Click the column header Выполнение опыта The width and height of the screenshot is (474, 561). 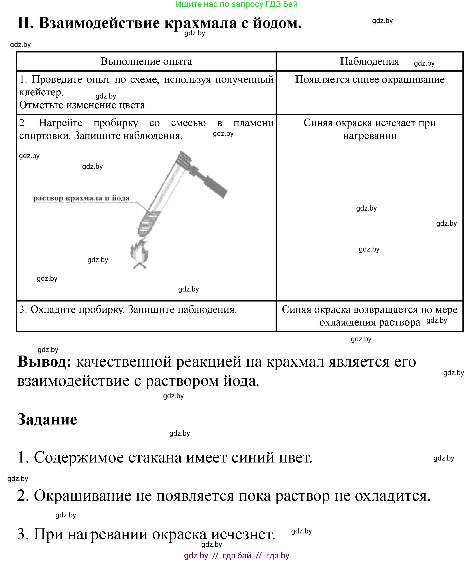point(146,62)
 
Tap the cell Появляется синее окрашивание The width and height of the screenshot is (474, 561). point(370,79)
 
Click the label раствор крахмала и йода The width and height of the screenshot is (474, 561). point(81,198)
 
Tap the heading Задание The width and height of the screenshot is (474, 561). point(47,419)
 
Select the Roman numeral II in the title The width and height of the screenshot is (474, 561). point(26,23)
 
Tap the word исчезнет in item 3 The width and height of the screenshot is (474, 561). point(243,534)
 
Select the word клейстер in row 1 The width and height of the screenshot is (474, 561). point(41,92)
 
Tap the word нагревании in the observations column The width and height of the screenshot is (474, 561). point(370,136)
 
